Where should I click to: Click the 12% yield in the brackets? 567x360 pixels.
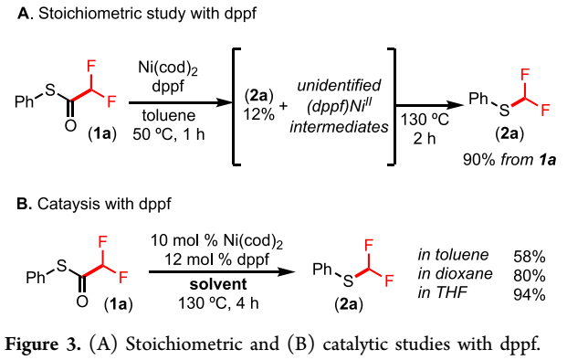(x=259, y=115)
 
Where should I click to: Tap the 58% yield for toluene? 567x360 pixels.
(x=529, y=257)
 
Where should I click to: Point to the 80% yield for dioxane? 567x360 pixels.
(x=529, y=276)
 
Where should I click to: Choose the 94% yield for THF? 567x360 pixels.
(x=529, y=295)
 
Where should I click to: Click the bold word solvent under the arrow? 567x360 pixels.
(x=218, y=284)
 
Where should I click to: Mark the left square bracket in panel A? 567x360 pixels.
(x=236, y=107)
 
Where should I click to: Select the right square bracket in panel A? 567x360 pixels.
(x=392, y=107)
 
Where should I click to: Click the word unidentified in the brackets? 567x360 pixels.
(x=339, y=85)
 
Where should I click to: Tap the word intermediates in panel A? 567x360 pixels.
(x=339, y=127)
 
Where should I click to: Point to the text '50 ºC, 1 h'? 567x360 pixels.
(x=169, y=134)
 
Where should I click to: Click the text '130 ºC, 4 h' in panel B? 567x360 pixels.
(x=218, y=302)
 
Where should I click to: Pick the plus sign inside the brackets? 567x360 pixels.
(x=283, y=106)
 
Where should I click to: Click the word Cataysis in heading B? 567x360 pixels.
(x=68, y=204)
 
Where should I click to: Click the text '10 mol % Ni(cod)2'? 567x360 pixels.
(x=216, y=241)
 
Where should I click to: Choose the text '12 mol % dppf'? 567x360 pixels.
(x=217, y=259)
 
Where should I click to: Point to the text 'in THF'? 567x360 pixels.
(x=442, y=292)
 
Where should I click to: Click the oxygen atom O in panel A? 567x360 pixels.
(x=70, y=125)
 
